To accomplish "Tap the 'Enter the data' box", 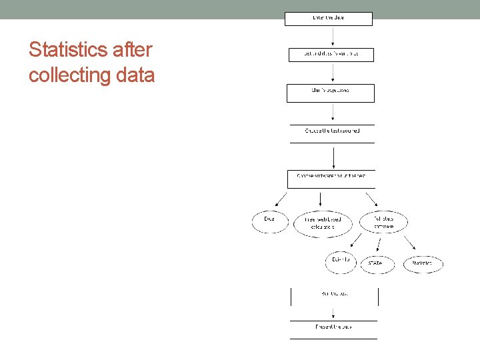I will (x=329, y=18).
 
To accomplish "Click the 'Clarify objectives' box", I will (x=331, y=92).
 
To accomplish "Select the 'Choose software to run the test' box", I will (x=331, y=179).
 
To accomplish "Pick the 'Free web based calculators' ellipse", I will (x=322, y=223).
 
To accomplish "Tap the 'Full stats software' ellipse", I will (x=383, y=222).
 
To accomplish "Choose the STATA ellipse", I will (x=376, y=263).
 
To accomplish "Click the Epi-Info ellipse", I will (x=341, y=262).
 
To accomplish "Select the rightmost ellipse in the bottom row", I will (x=422, y=263).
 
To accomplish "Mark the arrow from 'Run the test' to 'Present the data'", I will (x=333, y=313).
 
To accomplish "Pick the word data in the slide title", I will (x=135, y=75).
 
